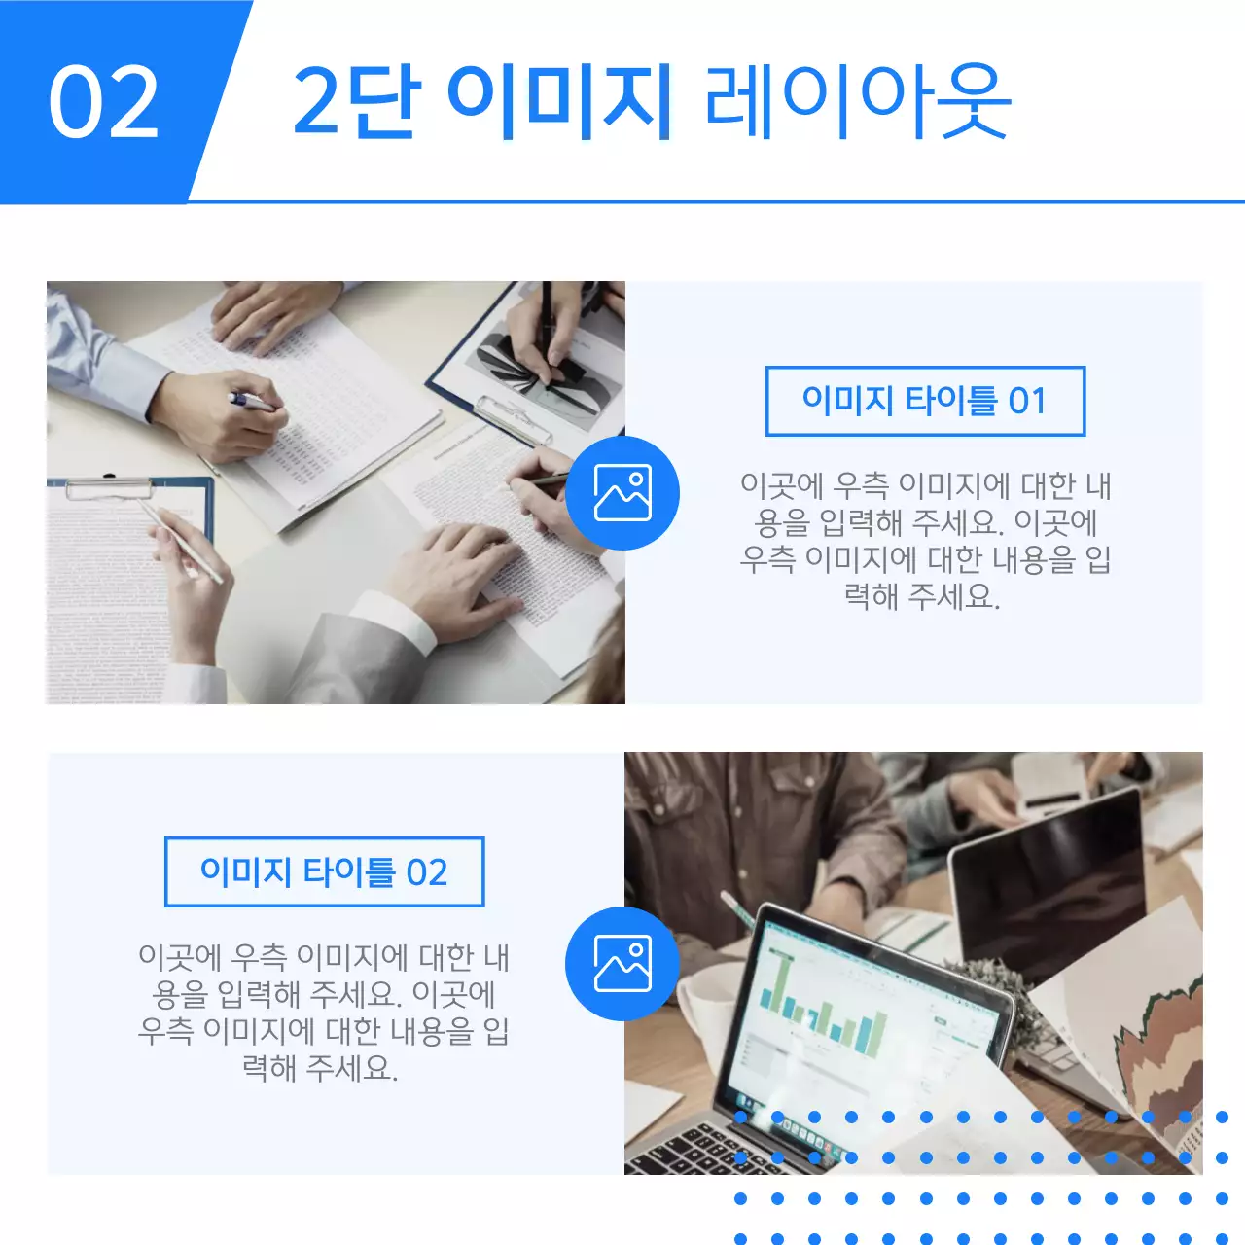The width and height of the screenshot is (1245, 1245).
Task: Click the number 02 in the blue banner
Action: click(x=104, y=101)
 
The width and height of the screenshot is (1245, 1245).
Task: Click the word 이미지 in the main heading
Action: click(x=560, y=101)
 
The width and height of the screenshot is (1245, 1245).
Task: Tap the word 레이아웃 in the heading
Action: click(x=857, y=101)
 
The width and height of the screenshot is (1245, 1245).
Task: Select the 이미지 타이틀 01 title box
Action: click(x=925, y=401)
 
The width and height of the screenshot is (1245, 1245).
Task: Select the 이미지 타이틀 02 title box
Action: click(x=324, y=871)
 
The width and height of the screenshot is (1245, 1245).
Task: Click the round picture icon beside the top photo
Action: click(x=622, y=492)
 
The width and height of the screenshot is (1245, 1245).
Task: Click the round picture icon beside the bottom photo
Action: click(x=622, y=963)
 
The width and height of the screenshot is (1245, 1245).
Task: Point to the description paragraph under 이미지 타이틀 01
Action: click(x=925, y=540)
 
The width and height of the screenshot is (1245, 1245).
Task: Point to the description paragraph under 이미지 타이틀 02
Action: click(x=324, y=1012)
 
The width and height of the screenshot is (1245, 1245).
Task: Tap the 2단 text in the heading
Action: click(x=356, y=101)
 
